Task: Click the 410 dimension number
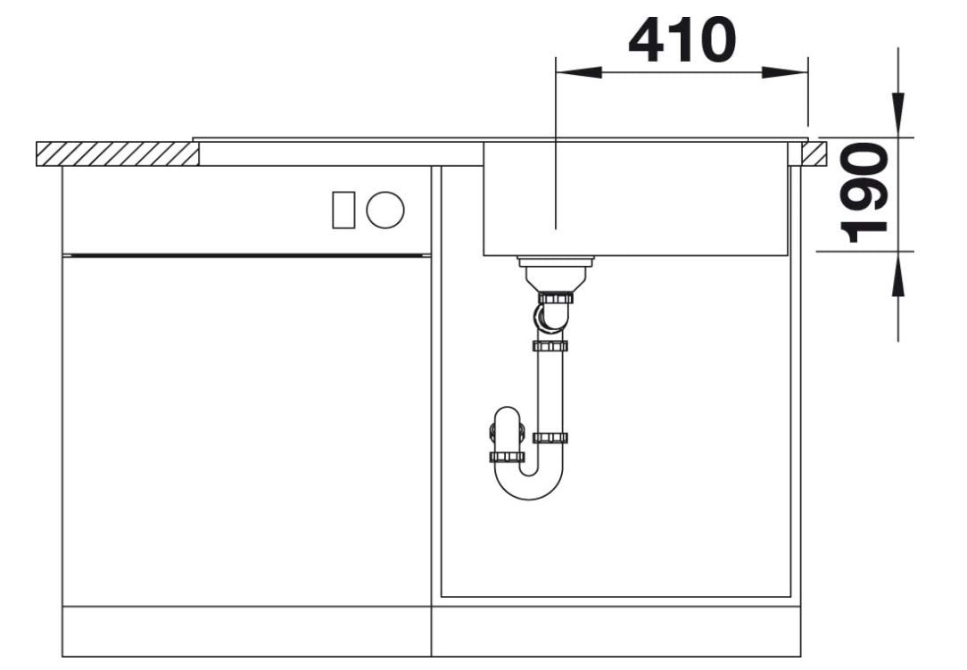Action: pyautogui.click(x=682, y=40)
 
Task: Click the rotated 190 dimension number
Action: pyautogui.click(x=864, y=193)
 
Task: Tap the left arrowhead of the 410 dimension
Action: pyautogui.click(x=578, y=72)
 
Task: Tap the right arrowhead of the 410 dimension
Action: pyautogui.click(x=784, y=72)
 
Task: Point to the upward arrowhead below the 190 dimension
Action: pyautogui.click(x=898, y=275)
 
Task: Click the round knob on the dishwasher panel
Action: pyautogui.click(x=385, y=210)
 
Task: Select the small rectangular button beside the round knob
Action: pyautogui.click(x=343, y=210)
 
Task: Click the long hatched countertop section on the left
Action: pyautogui.click(x=117, y=153)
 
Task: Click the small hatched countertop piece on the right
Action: pyautogui.click(x=814, y=153)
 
